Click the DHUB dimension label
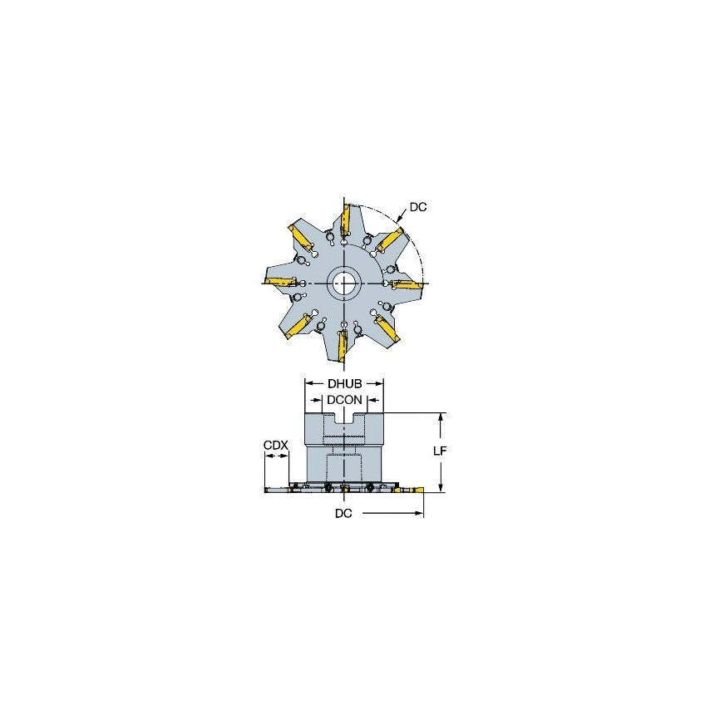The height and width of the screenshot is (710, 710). point(344,384)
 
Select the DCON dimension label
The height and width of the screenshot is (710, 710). point(344,400)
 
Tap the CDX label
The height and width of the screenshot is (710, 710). point(276,446)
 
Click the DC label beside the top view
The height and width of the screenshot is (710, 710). point(418,207)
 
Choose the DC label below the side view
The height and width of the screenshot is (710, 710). point(343,514)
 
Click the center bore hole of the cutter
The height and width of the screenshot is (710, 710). point(343,284)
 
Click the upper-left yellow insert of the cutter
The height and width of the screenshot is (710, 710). point(301,236)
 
